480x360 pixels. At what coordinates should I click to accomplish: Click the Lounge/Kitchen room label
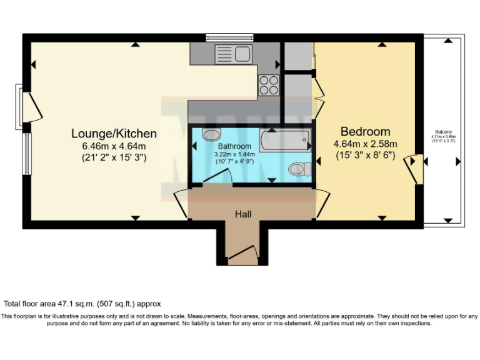click(x=114, y=133)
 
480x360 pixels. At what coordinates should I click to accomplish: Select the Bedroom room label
click(x=365, y=131)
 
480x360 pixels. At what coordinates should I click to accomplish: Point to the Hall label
click(x=243, y=214)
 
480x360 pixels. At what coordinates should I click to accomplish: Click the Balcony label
click(x=444, y=132)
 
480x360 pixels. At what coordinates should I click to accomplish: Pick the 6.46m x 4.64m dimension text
click(x=114, y=146)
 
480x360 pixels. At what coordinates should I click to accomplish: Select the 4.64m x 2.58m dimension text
click(x=365, y=144)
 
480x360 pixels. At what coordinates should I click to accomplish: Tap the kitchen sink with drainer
click(x=232, y=52)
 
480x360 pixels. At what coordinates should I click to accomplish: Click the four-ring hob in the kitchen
click(x=269, y=84)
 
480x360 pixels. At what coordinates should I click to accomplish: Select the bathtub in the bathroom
click(x=285, y=139)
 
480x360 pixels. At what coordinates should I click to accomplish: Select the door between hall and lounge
click(x=181, y=203)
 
